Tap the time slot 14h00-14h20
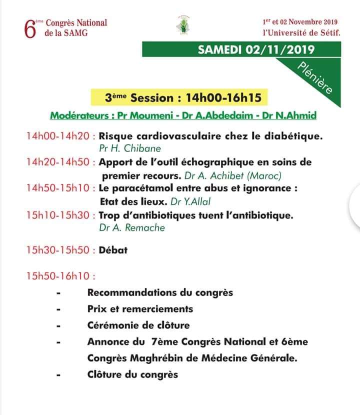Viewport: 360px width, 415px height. (58, 135)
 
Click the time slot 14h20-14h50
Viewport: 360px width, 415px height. (58, 162)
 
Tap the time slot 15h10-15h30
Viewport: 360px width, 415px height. (58, 215)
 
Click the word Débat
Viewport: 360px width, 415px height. (113, 249)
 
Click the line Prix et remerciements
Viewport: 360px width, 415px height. (140, 308)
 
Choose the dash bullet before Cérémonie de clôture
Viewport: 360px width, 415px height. (59, 325)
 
